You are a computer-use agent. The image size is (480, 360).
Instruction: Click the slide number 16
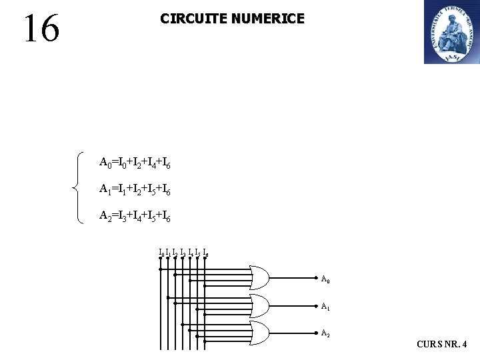point(41,29)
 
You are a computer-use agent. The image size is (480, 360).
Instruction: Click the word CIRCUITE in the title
point(192,19)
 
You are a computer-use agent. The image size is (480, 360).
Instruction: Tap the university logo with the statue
point(451,32)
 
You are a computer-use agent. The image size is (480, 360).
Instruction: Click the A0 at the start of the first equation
point(105,162)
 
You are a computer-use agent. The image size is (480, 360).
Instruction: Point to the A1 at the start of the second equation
point(105,189)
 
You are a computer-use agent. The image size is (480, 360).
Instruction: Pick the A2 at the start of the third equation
point(105,216)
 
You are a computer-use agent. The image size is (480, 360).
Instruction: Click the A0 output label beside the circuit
point(325,280)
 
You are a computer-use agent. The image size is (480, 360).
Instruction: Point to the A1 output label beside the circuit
point(325,307)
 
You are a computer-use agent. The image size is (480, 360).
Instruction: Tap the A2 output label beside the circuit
point(325,333)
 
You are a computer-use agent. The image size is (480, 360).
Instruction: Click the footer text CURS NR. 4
point(441,345)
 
